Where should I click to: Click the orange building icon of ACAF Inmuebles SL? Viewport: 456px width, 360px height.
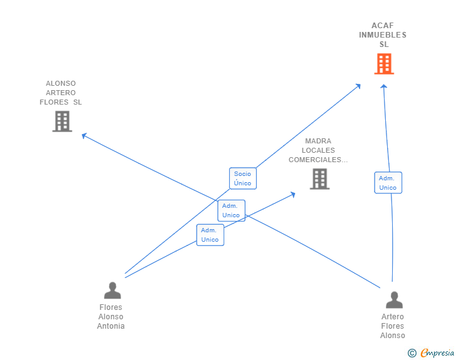(x=384, y=64)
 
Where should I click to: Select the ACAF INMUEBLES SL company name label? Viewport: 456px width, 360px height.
(x=383, y=35)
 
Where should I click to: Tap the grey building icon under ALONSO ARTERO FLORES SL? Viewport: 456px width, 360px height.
(x=62, y=121)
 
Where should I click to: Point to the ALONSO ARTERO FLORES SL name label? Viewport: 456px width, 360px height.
(x=61, y=93)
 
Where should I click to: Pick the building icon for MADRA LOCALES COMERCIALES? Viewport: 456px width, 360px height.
(x=319, y=179)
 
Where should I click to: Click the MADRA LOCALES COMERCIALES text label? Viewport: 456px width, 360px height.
(x=318, y=150)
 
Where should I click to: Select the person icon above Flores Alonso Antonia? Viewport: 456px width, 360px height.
(x=113, y=291)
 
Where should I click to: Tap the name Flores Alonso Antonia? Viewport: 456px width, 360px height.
(x=111, y=317)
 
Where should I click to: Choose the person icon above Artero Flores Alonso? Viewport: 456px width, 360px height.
(x=394, y=300)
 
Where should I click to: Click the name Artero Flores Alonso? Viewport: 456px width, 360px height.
(x=393, y=326)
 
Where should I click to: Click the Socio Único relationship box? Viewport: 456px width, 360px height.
(x=242, y=178)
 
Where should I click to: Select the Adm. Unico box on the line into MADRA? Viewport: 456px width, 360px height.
(x=210, y=235)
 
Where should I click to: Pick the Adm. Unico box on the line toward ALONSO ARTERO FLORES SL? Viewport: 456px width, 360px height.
(x=231, y=210)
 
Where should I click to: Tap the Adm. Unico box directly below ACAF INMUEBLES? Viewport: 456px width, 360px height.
(x=388, y=183)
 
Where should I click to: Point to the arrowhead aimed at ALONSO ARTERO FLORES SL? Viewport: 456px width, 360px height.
(x=84, y=135)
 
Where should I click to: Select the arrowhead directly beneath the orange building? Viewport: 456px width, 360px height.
(x=384, y=87)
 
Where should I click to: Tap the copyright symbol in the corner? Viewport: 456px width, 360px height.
(x=412, y=353)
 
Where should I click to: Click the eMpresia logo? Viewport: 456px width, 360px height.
(x=437, y=353)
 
